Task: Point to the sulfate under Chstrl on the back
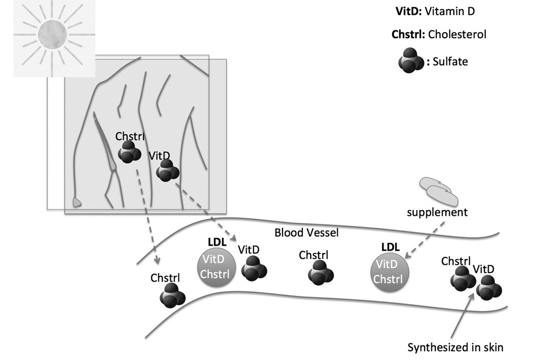tap(129, 152)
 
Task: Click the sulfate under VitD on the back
tap(167, 171)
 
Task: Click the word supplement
tap(437, 213)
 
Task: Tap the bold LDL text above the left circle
tap(217, 242)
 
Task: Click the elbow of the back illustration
tap(78, 201)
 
